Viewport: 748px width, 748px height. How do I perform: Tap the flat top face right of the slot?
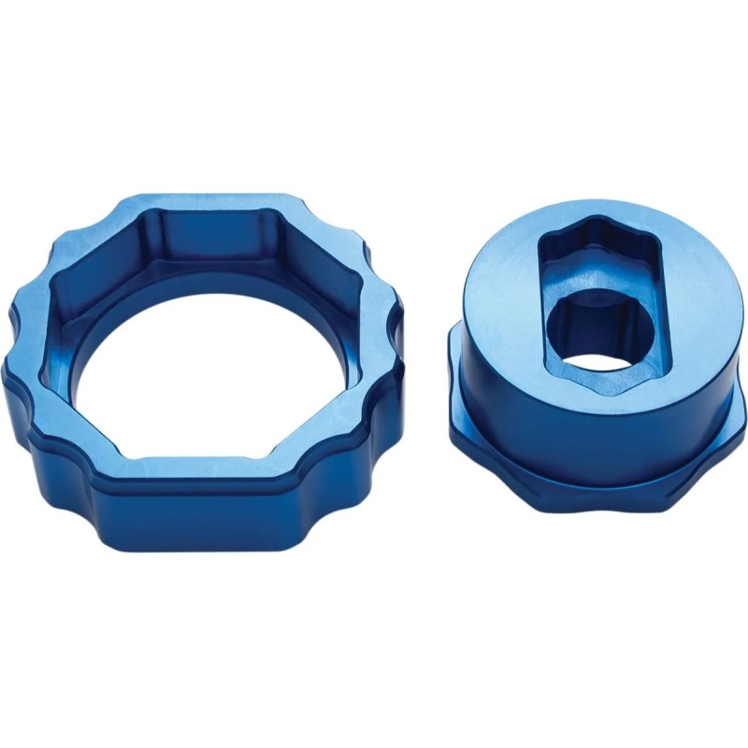(x=692, y=299)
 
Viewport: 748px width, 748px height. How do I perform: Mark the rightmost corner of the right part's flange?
(x=742, y=411)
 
